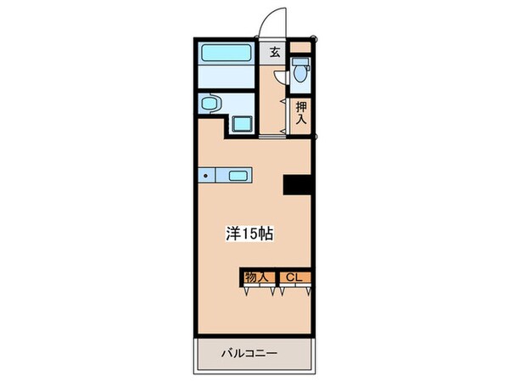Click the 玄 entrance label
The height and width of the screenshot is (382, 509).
point(275,53)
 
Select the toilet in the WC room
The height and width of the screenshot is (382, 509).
point(299,75)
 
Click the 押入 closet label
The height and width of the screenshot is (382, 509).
point(301,113)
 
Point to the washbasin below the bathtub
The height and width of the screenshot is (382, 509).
point(212,104)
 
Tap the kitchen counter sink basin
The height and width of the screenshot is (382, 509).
point(237,177)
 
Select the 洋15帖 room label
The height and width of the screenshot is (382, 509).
point(249,233)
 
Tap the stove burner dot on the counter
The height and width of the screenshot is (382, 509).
point(205,177)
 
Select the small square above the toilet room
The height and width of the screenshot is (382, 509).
point(301,48)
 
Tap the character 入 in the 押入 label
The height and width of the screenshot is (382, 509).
point(301,119)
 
